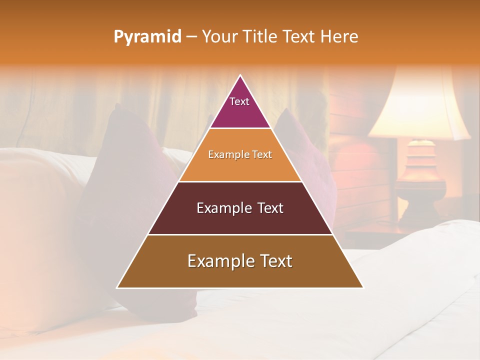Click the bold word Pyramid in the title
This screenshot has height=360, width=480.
point(147,37)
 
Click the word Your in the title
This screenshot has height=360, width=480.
point(219,36)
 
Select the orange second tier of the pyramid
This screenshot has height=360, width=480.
point(240,165)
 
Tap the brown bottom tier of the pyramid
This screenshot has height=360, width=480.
point(240,272)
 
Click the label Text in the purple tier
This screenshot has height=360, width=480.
point(239,101)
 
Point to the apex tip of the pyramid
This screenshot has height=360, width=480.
point(240,75)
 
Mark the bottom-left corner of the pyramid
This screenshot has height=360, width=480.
point(117,287)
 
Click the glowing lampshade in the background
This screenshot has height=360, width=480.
point(419,107)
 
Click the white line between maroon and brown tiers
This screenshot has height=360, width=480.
point(240,234)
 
